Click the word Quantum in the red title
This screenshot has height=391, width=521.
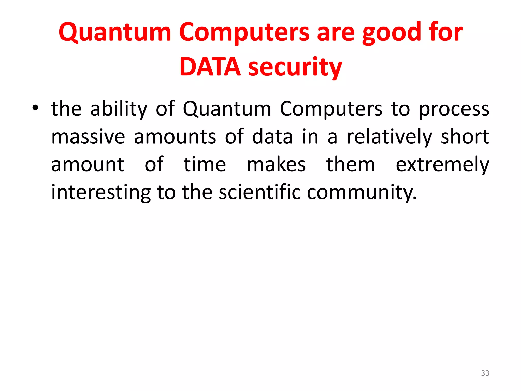115,32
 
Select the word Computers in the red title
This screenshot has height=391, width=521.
244,32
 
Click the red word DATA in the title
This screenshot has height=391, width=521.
210,67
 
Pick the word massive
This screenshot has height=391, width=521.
88,137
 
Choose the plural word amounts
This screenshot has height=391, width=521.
175,137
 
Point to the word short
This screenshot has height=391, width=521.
465,137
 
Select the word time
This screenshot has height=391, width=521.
205,164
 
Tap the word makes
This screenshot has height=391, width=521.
276,164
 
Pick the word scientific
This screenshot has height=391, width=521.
260,192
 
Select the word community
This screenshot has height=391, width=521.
361,192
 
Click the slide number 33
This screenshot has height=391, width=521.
485,373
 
